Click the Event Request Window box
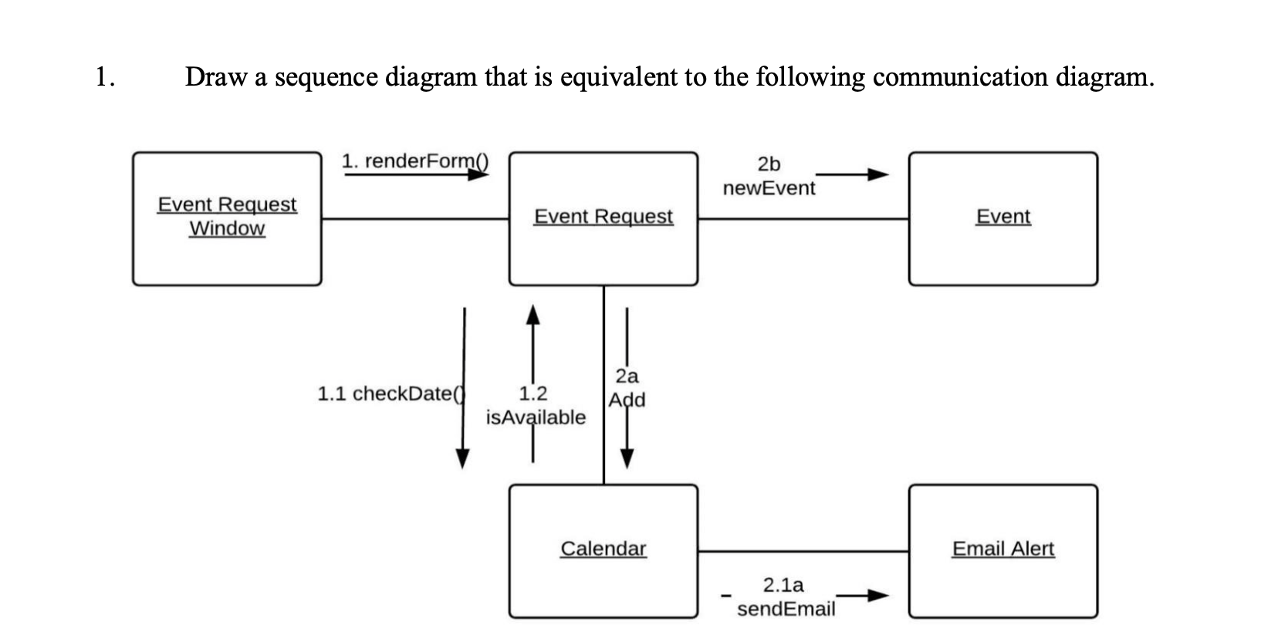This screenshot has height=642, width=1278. [x=227, y=218]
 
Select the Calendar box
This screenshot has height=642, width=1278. [x=603, y=550]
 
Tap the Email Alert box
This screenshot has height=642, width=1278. [x=1002, y=550]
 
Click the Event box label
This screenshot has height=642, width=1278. [x=1002, y=217]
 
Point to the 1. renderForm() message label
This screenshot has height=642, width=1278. [x=414, y=160]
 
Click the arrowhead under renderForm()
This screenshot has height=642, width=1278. [x=480, y=174]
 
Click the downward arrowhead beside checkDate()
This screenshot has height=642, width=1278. [x=462, y=458]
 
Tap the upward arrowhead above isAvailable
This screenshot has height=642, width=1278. [x=532, y=313]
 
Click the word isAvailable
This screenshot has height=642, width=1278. [x=536, y=417]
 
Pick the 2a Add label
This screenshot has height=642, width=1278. [x=627, y=388]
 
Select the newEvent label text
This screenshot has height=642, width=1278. [x=769, y=188]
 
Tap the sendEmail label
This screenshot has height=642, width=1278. [x=786, y=609]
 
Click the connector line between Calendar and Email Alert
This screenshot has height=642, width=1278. [x=803, y=551]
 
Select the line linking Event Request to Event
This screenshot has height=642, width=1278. [x=803, y=218]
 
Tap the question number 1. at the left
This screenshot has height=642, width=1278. [x=105, y=77]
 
